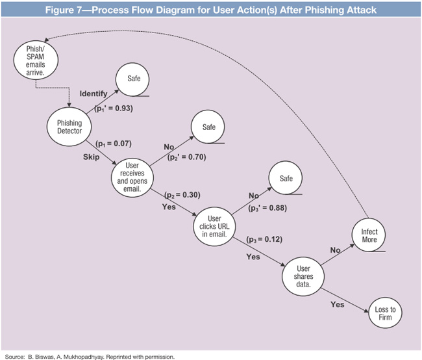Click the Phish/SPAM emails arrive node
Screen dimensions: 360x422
(32, 61)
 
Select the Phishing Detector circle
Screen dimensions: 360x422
(69, 126)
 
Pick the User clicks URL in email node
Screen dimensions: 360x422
(215, 225)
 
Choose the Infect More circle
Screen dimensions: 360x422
(369, 236)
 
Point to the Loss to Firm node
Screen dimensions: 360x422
(384, 315)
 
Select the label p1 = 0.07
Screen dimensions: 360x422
(113, 144)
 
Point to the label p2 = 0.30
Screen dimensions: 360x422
(182, 194)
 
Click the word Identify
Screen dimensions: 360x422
(93, 94)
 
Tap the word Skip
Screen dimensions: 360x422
(92, 157)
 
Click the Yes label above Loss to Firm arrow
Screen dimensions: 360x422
(337, 304)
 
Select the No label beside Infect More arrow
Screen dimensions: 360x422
(335, 250)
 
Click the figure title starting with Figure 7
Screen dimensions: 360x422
(211, 10)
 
